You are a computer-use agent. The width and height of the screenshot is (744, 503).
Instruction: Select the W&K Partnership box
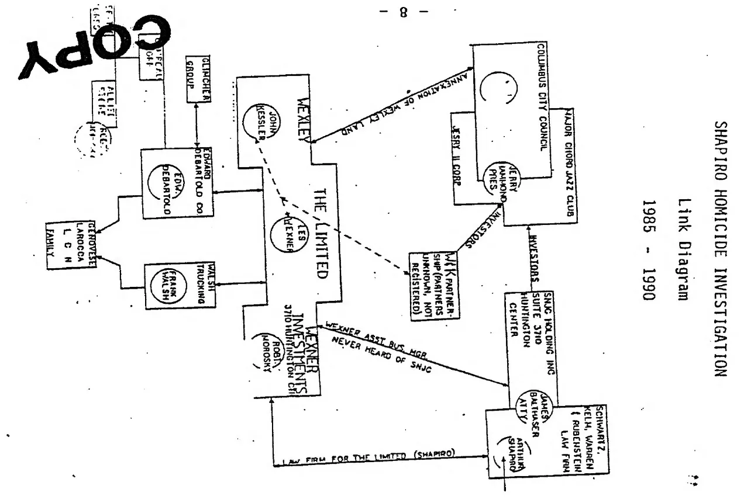coord(433,285)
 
